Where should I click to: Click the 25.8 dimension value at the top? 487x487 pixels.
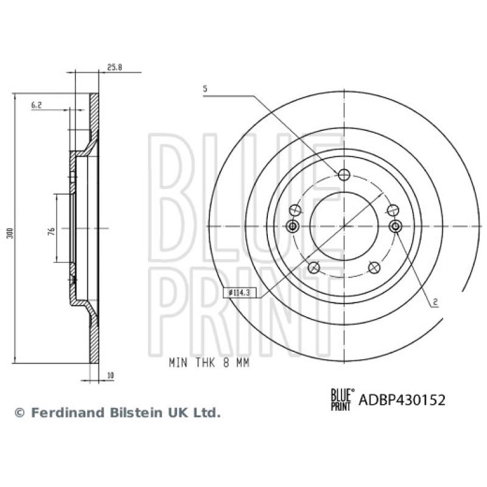coord(114,68)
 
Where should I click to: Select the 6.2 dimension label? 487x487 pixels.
coord(37,105)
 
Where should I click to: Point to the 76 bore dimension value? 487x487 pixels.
coord(52,229)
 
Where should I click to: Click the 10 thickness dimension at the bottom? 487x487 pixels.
coord(110,376)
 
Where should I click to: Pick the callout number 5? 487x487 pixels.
coord(205,89)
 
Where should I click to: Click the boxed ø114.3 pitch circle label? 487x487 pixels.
coord(241,293)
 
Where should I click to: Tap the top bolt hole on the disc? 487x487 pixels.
coord(344,175)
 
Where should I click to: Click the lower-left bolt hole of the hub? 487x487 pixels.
coord(314,267)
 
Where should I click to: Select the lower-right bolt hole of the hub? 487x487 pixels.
coord(374,267)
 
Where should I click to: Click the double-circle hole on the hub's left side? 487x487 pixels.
coord(293,226)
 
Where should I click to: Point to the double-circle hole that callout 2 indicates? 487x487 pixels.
coord(395,226)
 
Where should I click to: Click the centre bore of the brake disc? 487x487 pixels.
coord(344,225)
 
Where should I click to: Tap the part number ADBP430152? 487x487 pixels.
coord(402,400)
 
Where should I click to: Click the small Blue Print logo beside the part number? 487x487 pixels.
coord(341,399)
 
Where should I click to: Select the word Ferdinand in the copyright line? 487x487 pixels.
coord(65,413)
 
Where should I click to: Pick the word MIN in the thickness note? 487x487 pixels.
coord(178,362)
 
